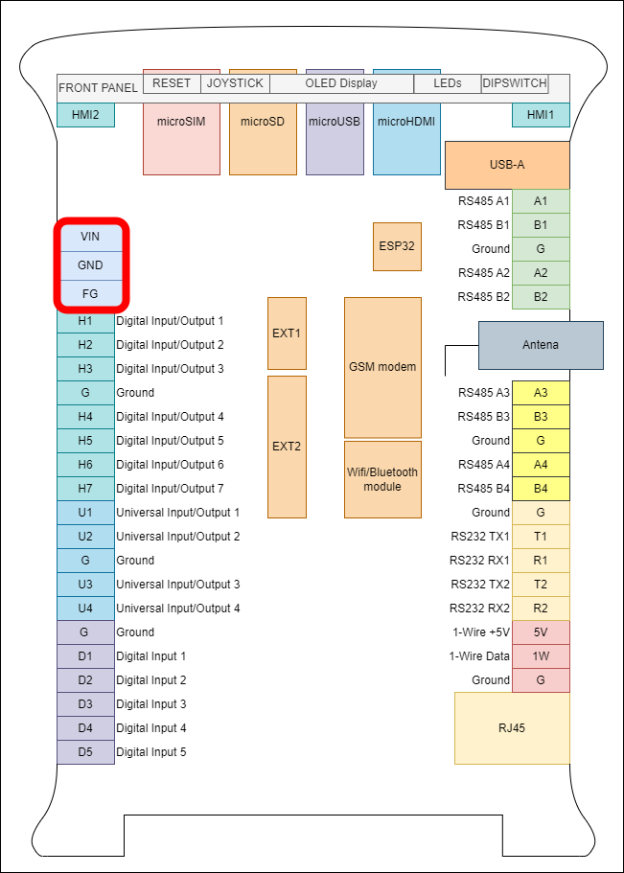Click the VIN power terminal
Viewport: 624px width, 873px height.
click(90, 236)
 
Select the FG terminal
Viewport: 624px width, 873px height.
click(90, 292)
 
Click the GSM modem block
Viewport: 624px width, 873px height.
click(382, 367)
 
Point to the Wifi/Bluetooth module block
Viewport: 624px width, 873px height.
click(382, 479)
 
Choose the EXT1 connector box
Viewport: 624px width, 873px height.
click(287, 333)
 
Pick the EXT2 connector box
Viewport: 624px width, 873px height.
click(287, 447)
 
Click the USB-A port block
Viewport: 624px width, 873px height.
click(507, 165)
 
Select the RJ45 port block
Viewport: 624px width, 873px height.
click(512, 728)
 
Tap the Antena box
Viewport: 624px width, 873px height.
click(541, 345)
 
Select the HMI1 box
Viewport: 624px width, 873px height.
click(541, 115)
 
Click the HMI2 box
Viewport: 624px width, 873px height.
click(85, 115)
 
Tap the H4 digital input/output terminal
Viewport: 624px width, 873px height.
click(85, 417)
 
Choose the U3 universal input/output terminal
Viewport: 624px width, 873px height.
click(85, 585)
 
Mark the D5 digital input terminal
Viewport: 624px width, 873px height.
click(85, 752)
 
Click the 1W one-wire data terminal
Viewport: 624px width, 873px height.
click(541, 656)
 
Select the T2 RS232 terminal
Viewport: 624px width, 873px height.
click(541, 585)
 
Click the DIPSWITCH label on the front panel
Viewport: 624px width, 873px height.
click(514, 83)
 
